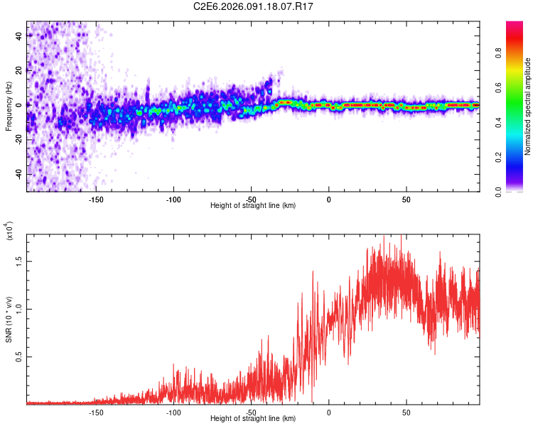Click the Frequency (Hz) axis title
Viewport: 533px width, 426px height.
point(9,106)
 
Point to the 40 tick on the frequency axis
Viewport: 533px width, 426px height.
point(18,35)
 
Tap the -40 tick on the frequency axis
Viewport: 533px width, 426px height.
point(18,174)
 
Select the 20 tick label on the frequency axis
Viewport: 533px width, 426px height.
point(18,70)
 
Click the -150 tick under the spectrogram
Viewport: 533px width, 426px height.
point(96,200)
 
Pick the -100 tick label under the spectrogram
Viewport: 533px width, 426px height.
point(173,200)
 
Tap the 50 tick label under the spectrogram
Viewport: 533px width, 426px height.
point(406,200)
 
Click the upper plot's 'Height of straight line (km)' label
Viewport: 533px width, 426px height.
point(253,206)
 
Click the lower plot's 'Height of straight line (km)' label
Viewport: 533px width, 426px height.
point(253,419)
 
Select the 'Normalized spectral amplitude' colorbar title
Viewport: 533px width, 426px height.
point(527,106)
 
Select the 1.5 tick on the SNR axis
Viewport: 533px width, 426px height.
point(18,260)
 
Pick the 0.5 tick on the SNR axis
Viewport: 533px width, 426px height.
point(18,356)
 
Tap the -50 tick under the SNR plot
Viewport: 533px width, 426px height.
point(251,413)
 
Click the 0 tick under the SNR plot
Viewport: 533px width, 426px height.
point(328,413)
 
